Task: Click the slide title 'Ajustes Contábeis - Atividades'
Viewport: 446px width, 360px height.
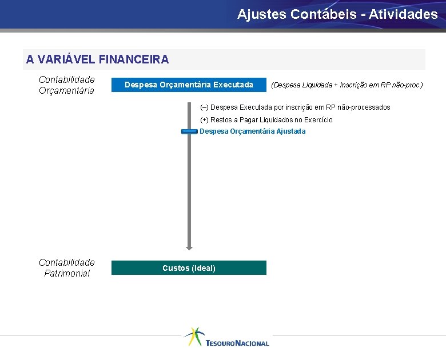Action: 337,14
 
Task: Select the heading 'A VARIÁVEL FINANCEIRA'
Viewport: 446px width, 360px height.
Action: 97,59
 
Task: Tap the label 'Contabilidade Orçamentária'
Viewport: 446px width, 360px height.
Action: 66,85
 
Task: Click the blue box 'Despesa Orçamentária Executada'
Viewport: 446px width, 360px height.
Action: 189,85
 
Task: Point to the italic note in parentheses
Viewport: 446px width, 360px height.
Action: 347,85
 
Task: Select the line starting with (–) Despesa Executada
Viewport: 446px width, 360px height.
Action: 295,107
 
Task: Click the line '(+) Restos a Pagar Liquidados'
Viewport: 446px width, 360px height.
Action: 266,120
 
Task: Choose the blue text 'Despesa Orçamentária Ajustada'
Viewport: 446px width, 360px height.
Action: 253,131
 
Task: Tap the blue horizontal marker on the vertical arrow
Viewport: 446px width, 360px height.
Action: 189,131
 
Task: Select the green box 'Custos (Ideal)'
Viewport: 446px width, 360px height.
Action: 189,268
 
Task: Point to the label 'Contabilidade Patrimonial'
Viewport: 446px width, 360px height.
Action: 66,268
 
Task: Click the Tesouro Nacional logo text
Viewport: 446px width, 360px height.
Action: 237,343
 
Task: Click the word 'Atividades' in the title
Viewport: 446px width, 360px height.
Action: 403,14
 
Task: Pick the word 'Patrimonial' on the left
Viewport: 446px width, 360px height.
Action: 67,274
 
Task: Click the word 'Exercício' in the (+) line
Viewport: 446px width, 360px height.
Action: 318,120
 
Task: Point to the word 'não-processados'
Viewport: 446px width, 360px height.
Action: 364,107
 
